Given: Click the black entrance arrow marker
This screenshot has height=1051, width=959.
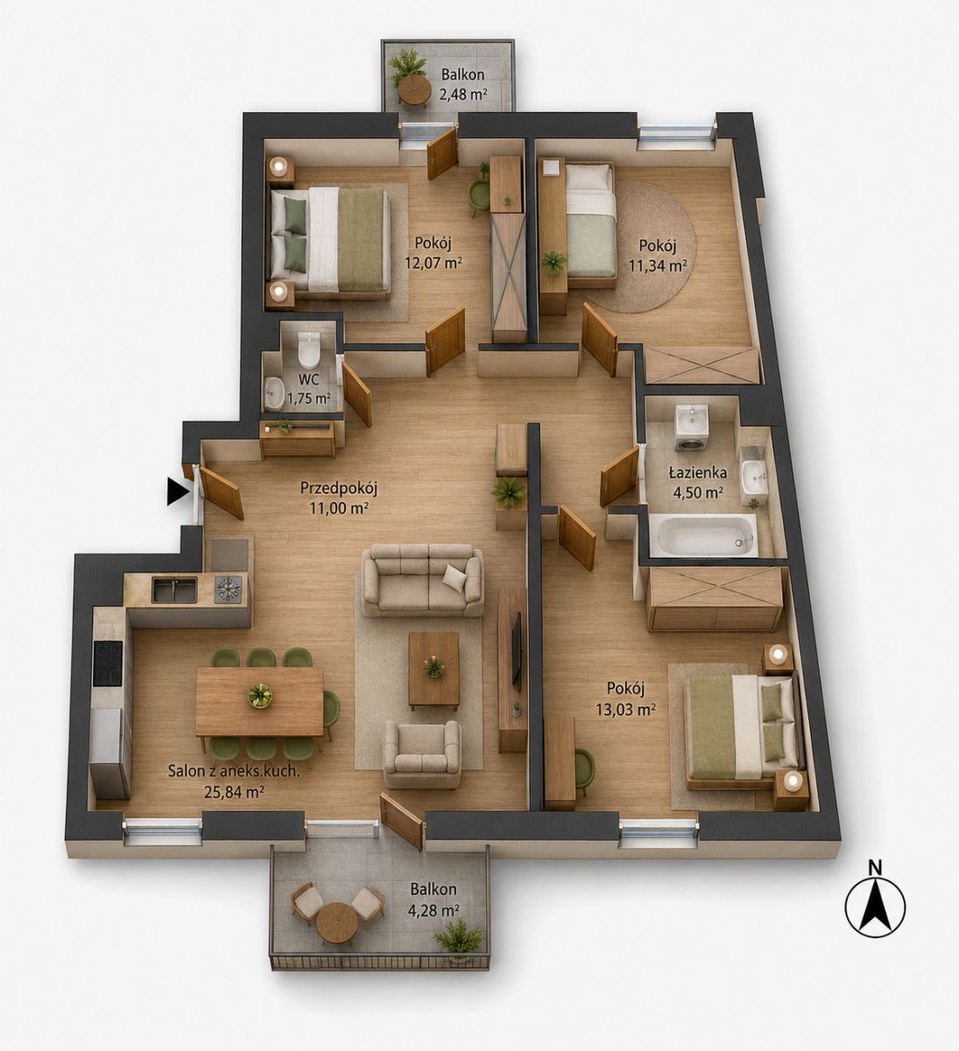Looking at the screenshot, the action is [177, 492].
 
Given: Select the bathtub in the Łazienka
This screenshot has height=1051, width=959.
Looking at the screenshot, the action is [703, 535].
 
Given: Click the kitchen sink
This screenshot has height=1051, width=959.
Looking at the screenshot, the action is [174, 589].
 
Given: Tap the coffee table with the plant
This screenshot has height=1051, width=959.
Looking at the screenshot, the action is [434, 670].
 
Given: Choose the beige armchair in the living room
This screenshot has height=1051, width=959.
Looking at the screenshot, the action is [422, 755].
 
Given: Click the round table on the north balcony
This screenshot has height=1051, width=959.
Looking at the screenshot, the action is [414, 91].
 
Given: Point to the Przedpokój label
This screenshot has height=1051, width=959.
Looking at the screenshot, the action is [339, 489].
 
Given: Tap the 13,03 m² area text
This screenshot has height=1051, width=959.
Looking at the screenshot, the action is [625, 709].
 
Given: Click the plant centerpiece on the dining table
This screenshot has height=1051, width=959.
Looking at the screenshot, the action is [260, 696].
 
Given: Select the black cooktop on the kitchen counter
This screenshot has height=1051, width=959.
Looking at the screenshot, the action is [108, 664].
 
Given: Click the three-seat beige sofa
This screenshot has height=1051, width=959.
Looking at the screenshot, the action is [422, 581].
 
